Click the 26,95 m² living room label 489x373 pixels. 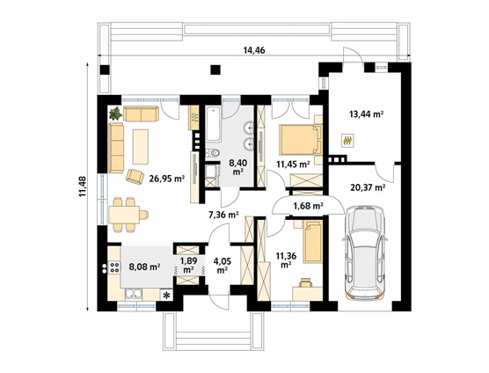pyautogui.click(x=167, y=179)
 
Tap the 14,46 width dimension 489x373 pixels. pyautogui.click(x=254, y=50)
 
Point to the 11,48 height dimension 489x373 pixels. pyautogui.click(x=83, y=186)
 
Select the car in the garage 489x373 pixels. pyautogui.click(x=365, y=253)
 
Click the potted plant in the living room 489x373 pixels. pyautogui.click(x=116, y=113)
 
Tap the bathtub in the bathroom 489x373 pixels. pyautogui.click(x=214, y=124)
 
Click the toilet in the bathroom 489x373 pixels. pyautogui.click(x=213, y=153)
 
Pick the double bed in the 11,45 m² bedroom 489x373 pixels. pyautogui.click(x=301, y=139)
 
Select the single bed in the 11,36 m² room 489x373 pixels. pyautogui.click(x=313, y=242)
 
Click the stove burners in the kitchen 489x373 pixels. pyautogui.click(x=114, y=267)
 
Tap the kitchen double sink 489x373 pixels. pyautogui.click(x=134, y=294)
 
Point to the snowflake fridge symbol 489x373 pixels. pyautogui.click(x=167, y=295)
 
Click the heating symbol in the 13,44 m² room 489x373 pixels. pyautogui.click(x=348, y=141)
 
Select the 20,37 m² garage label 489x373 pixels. pyautogui.click(x=368, y=187)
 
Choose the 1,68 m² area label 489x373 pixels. pyautogui.click(x=308, y=206)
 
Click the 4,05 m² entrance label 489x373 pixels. pyautogui.click(x=222, y=265)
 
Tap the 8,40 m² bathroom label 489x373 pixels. pyautogui.click(x=238, y=167)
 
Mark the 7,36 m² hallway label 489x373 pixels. pyautogui.click(x=223, y=215)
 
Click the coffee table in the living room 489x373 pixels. pyautogui.click(x=141, y=147)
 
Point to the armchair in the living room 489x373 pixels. pyautogui.click(x=135, y=177)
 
